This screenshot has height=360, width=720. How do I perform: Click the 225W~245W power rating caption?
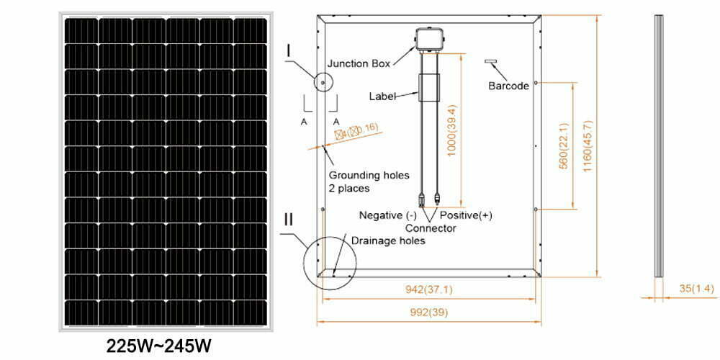click(x=160, y=345)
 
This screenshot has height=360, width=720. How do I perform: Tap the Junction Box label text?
click(x=359, y=63)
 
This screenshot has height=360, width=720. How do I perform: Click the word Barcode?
click(x=508, y=86)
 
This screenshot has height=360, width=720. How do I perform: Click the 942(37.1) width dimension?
click(x=428, y=291)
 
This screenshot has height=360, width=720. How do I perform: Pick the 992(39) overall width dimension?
click(x=428, y=313)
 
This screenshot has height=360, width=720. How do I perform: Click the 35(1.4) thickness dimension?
click(x=696, y=289)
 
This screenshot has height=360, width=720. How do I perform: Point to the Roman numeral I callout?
click(x=288, y=51)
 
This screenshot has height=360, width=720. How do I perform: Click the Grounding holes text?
click(x=369, y=175)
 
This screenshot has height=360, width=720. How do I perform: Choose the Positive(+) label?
click(x=466, y=215)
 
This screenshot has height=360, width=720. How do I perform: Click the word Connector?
click(x=431, y=228)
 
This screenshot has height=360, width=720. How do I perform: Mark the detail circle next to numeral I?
click(x=323, y=84)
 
